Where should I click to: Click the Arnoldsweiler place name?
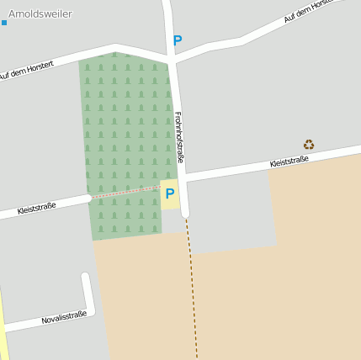40,13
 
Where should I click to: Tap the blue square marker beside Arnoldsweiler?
3,22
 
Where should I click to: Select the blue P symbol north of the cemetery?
177,40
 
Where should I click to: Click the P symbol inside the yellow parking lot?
169,193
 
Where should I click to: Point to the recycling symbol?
309,145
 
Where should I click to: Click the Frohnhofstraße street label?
180,138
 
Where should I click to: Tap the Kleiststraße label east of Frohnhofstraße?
289,161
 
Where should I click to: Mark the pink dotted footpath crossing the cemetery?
126,193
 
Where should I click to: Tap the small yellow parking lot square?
169,194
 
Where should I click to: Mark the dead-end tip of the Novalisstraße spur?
86,277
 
